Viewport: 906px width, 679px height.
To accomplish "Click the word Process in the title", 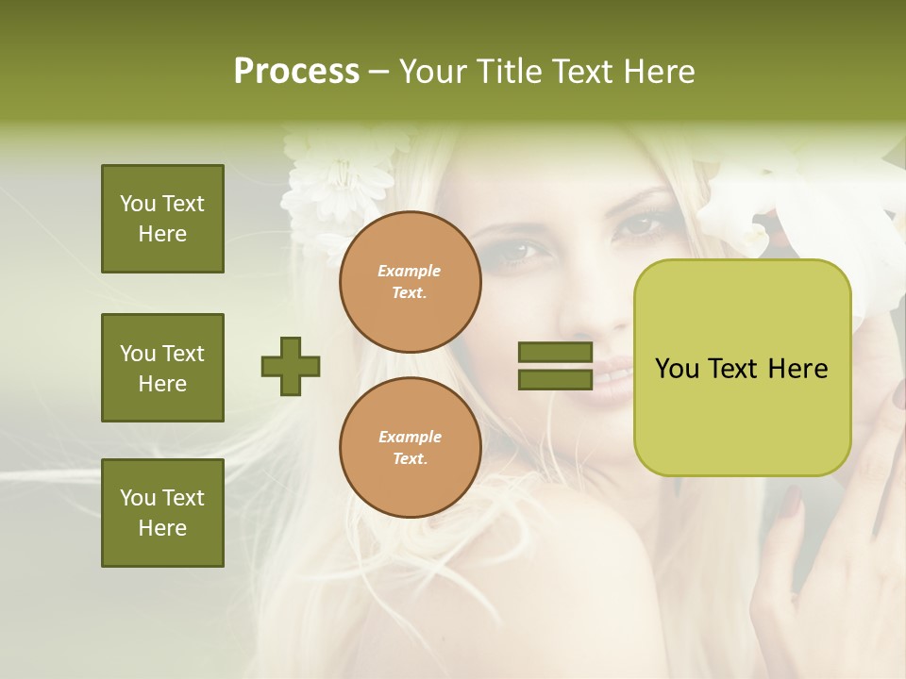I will pos(296,71).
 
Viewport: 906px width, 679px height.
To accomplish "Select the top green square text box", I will pos(162,219).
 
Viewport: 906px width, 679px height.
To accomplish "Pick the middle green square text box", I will pos(162,368).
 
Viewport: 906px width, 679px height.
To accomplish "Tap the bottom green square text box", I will pos(162,513).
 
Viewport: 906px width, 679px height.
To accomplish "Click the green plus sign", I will pos(291,366).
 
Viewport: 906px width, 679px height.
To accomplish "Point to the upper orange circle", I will pos(410,281).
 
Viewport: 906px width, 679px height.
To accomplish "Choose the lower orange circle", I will pos(410,447).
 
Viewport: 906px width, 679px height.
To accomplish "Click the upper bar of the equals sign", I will pos(555,352).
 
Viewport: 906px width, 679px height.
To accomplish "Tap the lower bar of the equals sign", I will pos(555,379).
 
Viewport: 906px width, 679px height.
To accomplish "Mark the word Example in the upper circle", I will pos(410,271).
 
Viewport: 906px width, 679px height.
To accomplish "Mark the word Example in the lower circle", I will pos(410,437).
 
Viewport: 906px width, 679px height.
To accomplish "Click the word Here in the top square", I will pos(162,234).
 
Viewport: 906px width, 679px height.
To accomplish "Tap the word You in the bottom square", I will pos(138,498).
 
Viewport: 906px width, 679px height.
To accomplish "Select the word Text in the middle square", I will pos(183,354).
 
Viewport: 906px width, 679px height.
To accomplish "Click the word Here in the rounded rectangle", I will pos(797,369).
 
